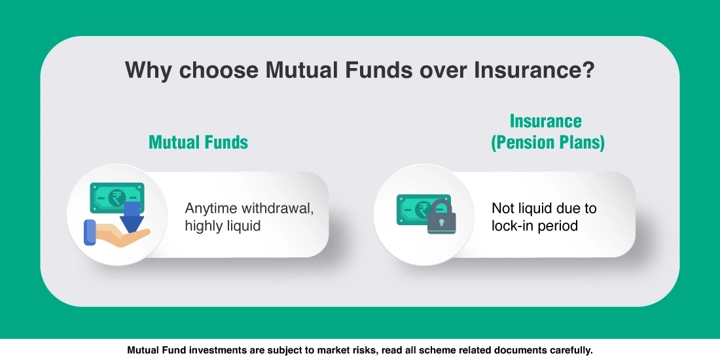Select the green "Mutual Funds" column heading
198,142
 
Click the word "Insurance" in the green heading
545,121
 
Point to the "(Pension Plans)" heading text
548,143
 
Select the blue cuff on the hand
90,232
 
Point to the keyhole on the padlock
441,224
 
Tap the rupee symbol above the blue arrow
117,197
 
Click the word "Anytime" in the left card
211,209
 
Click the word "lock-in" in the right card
513,226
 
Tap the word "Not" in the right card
503,209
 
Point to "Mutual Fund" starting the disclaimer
155,350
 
